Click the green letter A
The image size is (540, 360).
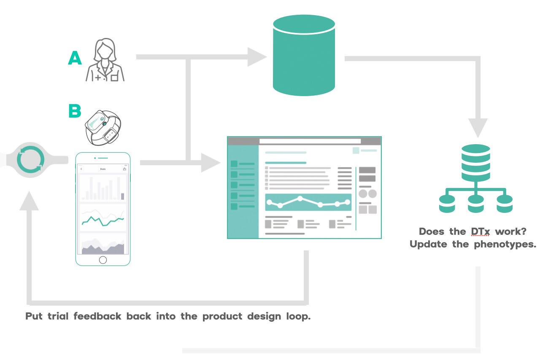[75, 58]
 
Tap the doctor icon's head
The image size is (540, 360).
[105, 50]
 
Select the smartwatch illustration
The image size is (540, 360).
[103, 127]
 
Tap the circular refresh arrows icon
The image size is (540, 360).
[30, 161]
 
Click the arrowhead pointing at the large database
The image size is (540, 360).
[256, 57]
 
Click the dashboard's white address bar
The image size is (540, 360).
[310, 141]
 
